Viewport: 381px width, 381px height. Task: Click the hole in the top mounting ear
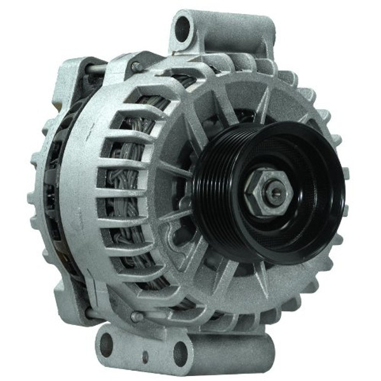pos(183,28)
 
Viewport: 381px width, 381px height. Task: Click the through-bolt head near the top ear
pos(136,66)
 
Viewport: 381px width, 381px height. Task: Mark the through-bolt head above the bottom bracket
pos(135,316)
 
